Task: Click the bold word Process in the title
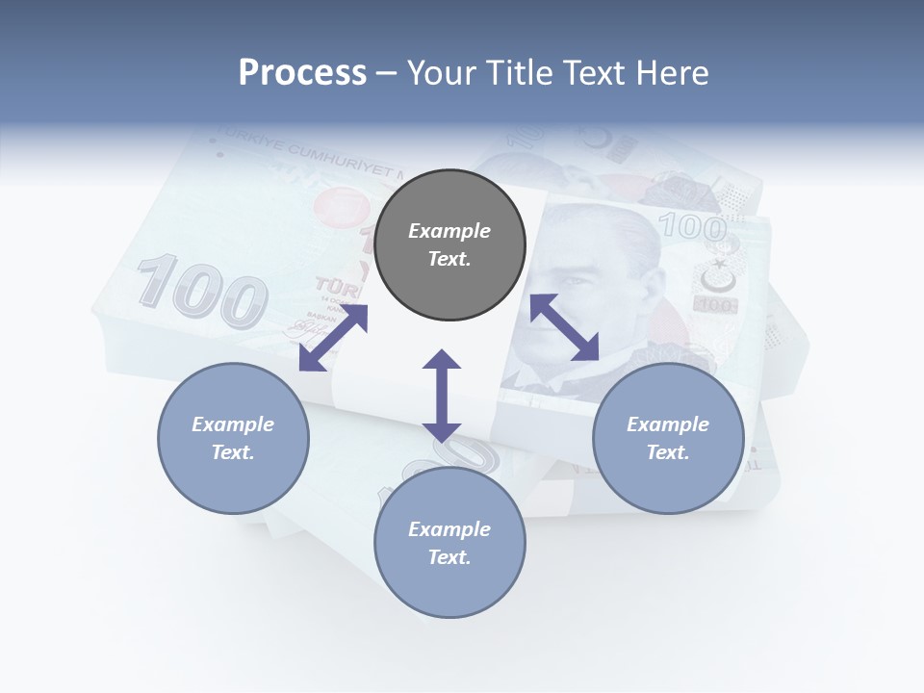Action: tap(302, 73)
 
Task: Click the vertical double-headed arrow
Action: tap(442, 396)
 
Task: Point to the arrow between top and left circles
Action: tap(333, 338)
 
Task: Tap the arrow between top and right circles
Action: tap(564, 327)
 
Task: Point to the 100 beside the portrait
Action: tap(692, 228)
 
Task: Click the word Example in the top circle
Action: tap(449, 231)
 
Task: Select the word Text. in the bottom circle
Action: tap(449, 557)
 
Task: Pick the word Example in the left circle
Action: tap(233, 424)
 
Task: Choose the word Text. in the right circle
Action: tap(668, 452)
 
